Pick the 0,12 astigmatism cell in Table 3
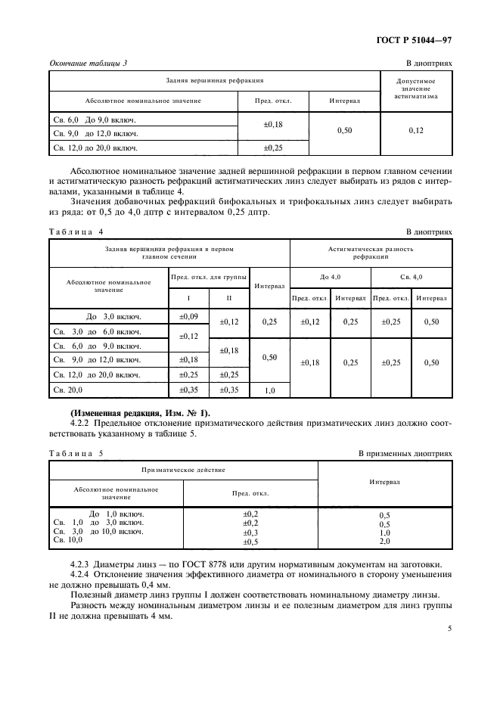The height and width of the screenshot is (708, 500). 416,131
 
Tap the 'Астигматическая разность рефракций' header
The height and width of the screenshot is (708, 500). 371,252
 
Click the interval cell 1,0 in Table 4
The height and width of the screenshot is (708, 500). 269,391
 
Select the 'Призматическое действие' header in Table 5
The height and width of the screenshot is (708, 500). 183,470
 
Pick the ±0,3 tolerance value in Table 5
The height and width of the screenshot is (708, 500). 250,532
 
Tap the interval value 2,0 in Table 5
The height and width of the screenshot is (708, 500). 384,542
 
